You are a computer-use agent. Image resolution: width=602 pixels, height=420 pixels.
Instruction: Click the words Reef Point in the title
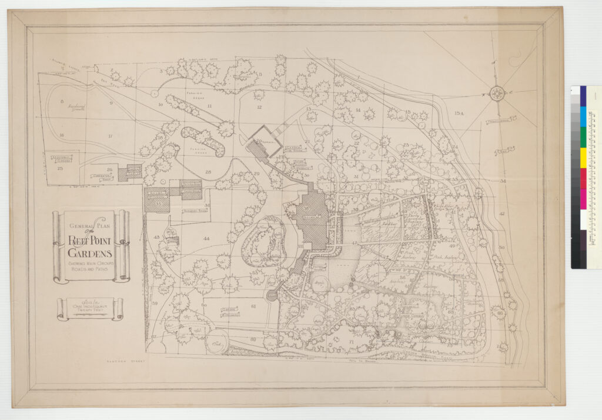[91, 240]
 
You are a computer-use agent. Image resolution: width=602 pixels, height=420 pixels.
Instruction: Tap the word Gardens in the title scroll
[90, 252]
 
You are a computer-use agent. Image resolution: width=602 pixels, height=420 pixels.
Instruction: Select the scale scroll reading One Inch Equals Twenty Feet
[90, 308]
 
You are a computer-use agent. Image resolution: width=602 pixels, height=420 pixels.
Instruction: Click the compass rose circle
[497, 92]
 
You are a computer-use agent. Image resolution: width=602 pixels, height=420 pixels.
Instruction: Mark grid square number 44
[206, 238]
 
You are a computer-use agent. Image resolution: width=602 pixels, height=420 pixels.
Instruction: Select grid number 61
[253, 306]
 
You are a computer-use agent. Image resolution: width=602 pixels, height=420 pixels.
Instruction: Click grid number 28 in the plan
[208, 172]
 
